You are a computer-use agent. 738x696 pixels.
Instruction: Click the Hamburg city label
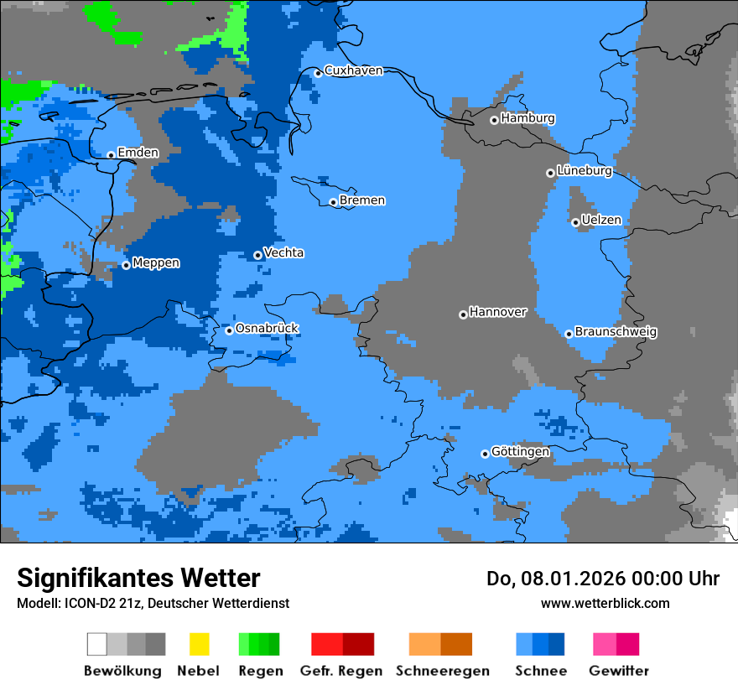[x=528, y=118]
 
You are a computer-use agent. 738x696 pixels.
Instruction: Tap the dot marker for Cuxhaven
[x=318, y=73]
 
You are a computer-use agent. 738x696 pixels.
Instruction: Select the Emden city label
[x=138, y=153]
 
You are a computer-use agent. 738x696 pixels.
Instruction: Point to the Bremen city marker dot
[x=333, y=202]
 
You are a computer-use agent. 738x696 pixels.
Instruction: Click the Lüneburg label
[x=585, y=171]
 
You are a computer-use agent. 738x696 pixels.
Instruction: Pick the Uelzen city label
[x=601, y=221]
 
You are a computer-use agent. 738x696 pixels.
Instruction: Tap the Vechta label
[x=283, y=252]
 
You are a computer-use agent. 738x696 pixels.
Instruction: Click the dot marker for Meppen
[x=126, y=265]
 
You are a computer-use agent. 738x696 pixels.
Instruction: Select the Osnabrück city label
[x=267, y=328]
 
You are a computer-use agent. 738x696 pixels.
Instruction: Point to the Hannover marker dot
[x=463, y=314]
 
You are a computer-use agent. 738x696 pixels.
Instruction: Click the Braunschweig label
[x=616, y=332]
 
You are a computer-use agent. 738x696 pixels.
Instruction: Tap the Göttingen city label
[x=520, y=452]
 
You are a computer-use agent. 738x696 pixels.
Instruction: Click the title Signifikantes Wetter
[x=138, y=578]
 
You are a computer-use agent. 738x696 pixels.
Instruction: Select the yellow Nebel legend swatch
[x=199, y=644]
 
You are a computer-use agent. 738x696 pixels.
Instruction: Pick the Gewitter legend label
[x=619, y=671]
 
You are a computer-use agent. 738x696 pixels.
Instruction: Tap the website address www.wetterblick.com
[x=605, y=603]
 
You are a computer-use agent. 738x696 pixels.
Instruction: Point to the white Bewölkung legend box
[x=96, y=644]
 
